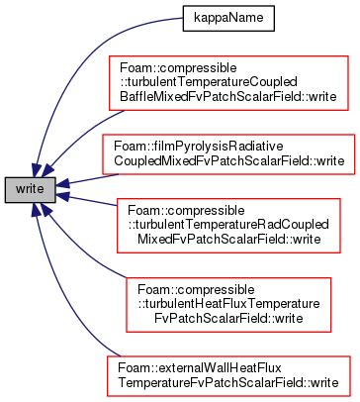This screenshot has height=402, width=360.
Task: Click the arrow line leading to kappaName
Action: (x=99, y=50)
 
